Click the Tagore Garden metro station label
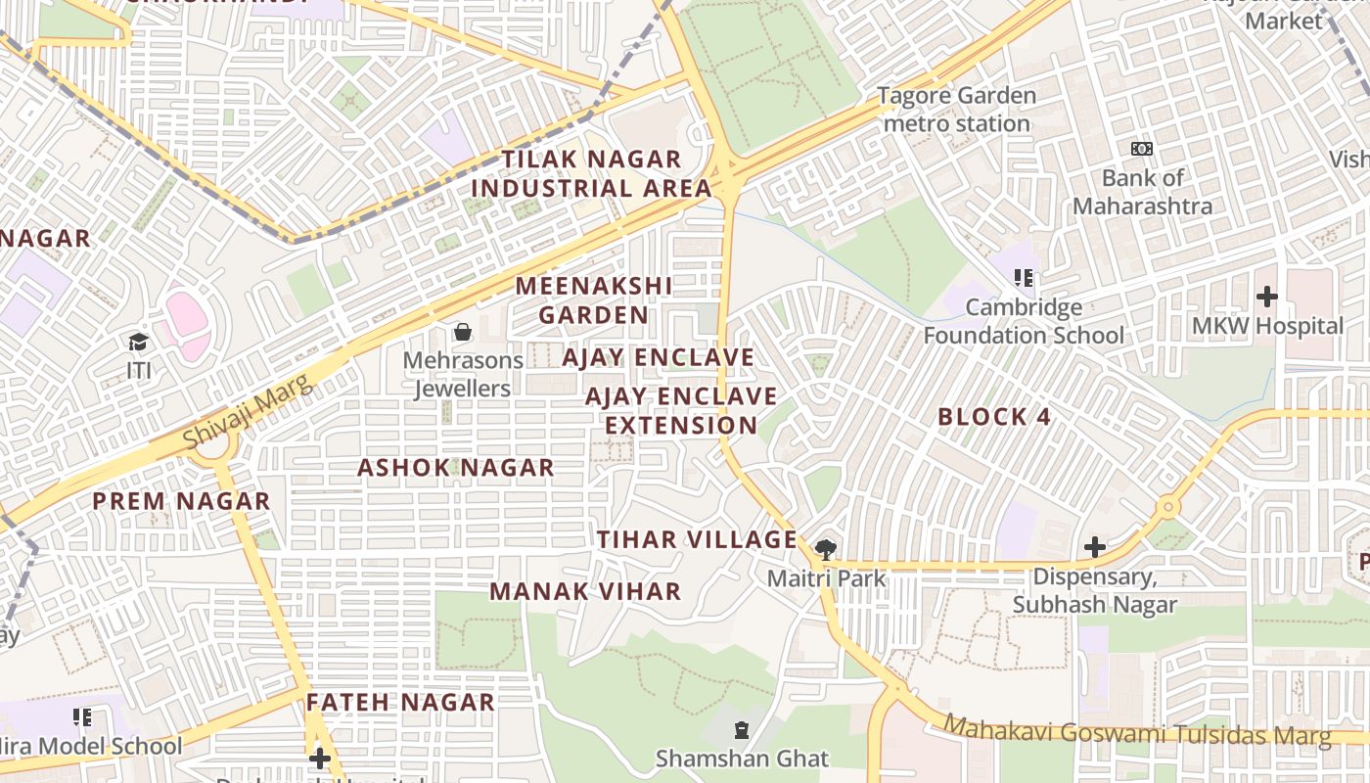(x=956, y=110)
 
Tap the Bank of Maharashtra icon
(x=1142, y=149)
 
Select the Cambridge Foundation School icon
(x=1024, y=278)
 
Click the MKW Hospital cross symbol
(x=1267, y=296)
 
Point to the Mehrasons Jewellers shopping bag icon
(x=463, y=333)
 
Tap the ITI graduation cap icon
(x=138, y=342)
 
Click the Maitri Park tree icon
(x=826, y=548)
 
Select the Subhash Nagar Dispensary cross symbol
(x=1095, y=546)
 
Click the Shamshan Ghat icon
(x=742, y=730)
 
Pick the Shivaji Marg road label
(x=249, y=412)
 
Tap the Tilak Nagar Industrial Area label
(x=591, y=173)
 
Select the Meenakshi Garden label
(x=593, y=300)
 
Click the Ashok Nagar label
(x=455, y=468)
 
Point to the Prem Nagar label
(x=181, y=501)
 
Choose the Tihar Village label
(x=697, y=539)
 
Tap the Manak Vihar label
(x=585, y=591)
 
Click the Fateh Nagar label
(x=400, y=702)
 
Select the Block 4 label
(x=993, y=417)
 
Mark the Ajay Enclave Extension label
(x=681, y=411)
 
